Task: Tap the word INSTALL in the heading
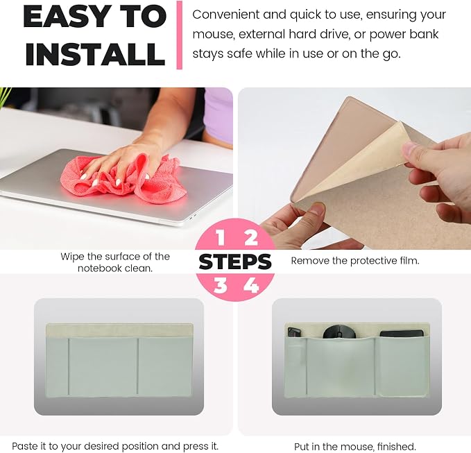tap(96, 54)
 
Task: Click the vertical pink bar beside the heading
tap(180, 35)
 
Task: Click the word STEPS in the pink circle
tap(235, 262)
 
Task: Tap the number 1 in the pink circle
tap(221, 237)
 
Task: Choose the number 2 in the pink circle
tap(251, 237)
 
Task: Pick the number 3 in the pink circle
tap(220, 285)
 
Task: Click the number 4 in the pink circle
tap(251, 285)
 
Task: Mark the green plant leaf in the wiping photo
tap(5, 96)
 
